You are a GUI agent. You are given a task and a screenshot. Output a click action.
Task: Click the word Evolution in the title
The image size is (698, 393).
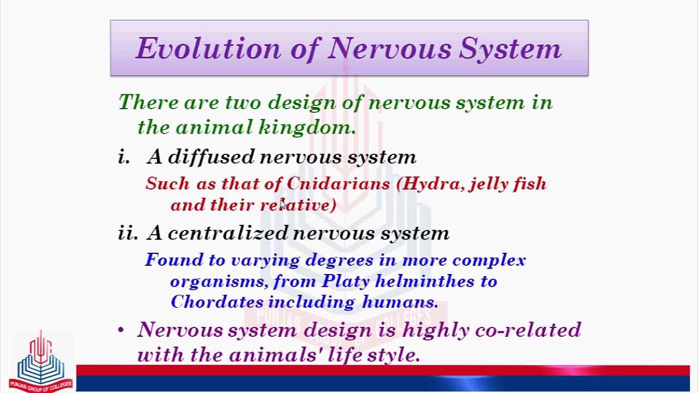(x=208, y=48)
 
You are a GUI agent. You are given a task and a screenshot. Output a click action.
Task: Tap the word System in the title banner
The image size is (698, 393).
(x=510, y=49)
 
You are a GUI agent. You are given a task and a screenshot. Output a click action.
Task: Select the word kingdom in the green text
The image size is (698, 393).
(x=307, y=127)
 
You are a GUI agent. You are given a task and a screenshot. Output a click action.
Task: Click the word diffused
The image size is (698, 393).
(x=211, y=156)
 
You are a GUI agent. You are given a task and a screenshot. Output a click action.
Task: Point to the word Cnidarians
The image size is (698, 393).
(x=338, y=183)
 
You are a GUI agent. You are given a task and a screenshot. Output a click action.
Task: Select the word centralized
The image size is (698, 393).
(x=227, y=233)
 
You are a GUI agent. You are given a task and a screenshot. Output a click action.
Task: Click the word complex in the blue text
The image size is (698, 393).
(x=489, y=260)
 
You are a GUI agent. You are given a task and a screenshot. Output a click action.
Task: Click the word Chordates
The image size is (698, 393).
(x=217, y=302)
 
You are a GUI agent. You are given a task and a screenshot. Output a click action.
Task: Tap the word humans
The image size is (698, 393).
(x=400, y=302)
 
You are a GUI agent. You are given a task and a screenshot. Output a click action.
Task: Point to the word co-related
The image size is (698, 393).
(x=528, y=329)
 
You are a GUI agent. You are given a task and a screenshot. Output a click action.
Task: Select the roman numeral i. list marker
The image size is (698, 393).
(x=123, y=156)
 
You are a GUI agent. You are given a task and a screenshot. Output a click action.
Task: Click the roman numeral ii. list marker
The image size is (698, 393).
(x=128, y=233)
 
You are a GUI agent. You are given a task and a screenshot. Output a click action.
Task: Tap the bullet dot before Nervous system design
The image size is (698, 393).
(x=121, y=330)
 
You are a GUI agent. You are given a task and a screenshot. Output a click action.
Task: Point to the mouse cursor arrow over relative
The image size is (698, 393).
(x=282, y=204)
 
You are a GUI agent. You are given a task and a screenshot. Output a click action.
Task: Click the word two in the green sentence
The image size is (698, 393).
(x=243, y=102)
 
